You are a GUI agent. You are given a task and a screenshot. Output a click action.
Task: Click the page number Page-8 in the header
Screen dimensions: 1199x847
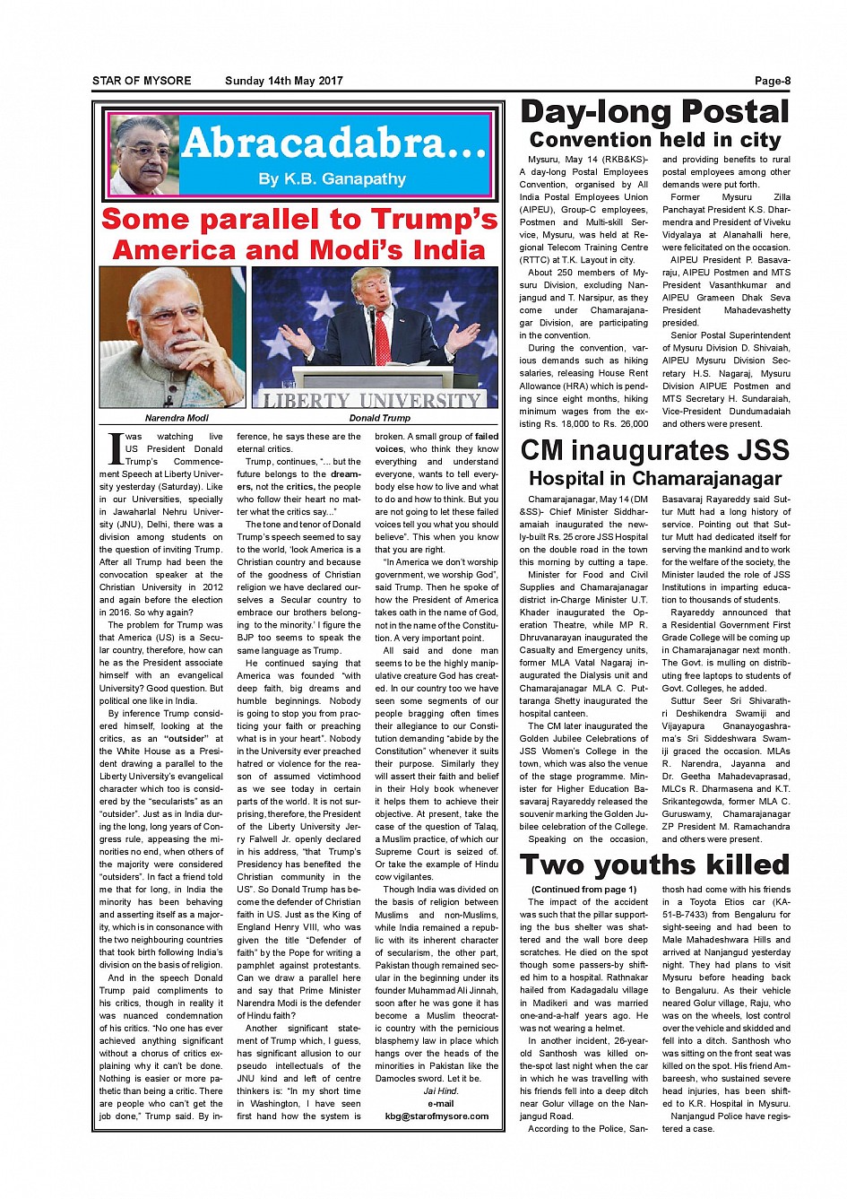(x=772, y=81)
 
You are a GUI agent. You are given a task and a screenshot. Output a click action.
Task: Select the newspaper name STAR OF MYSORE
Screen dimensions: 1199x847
(x=142, y=81)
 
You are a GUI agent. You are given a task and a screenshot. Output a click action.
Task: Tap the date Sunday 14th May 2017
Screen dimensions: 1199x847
(x=283, y=81)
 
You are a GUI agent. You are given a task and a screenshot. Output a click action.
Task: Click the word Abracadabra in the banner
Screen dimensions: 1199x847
(x=333, y=143)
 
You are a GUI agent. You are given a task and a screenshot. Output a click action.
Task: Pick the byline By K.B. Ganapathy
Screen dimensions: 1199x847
(x=332, y=179)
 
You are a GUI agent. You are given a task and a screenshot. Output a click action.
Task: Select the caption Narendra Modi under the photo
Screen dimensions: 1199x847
(x=177, y=418)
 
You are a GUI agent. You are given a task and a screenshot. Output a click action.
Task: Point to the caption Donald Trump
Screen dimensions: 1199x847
(x=380, y=418)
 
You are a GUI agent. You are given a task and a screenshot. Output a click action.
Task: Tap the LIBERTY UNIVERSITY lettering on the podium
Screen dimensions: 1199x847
(x=372, y=400)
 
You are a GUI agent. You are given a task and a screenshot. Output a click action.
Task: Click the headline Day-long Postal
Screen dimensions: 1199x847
(x=654, y=112)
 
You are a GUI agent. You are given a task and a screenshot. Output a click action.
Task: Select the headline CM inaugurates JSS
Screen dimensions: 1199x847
(x=654, y=449)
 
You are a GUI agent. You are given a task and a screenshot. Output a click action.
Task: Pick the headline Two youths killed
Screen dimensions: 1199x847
(x=654, y=864)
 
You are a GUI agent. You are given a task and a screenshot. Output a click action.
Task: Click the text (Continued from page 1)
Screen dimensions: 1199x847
(x=583, y=889)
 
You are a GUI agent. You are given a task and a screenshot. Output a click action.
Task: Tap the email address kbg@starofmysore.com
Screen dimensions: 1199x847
(x=437, y=1116)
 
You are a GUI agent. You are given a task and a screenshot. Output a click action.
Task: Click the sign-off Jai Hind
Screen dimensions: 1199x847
(x=441, y=1091)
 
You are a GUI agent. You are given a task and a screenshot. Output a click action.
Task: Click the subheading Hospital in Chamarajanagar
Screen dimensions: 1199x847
(x=654, y=479)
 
